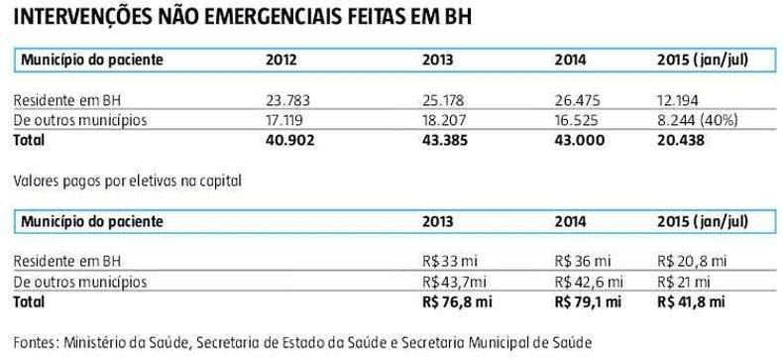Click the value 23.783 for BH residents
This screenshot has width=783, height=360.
click(x=287, y=100)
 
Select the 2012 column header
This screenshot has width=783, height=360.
click(x=280, y=60)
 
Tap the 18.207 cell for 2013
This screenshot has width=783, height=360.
click(x=443, y=121)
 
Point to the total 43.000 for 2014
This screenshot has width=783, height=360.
click(x=579, y=141)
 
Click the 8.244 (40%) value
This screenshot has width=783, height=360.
click(x=698, y=121)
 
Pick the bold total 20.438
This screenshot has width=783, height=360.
click(x=681, y=141)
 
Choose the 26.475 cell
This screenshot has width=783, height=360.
click(x=577, y=100)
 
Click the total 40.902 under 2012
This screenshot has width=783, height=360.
click(x=290, y=141)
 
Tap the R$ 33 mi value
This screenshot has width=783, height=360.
click(x=451, y=261)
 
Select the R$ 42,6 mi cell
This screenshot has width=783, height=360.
click(x=589, y=282)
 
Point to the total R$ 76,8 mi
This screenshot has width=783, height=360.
click(x=457, y=302)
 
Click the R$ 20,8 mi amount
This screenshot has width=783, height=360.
click(x=692, y=261)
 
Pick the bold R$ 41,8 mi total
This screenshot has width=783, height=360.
click(x=691, y=302)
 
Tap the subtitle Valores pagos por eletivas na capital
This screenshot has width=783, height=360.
click(x=127, y=181)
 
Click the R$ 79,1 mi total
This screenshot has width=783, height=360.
click(x=588, y=302)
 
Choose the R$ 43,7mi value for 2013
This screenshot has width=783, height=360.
click(x=454, y=282)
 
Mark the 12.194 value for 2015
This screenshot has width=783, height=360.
click(x=678, y=100)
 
